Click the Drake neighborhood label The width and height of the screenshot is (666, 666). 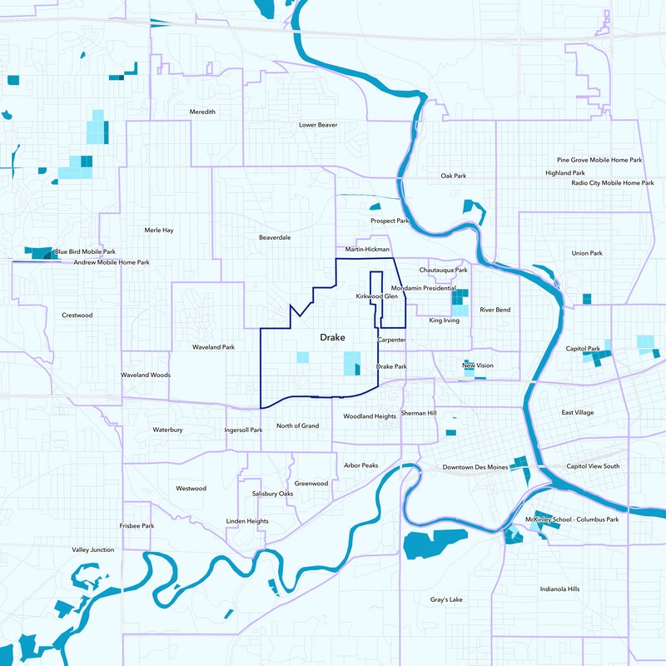coord(332,338)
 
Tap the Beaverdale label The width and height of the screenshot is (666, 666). coord(275,237)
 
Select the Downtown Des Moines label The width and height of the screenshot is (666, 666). coord(475,467)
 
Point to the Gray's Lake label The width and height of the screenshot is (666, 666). coord(446,599)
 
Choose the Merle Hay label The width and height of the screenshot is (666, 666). coord(159,230)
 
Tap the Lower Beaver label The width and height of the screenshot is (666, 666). coord(318,125)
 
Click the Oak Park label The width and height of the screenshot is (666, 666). coord(454,176)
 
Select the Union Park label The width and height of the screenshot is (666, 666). coord(587,253)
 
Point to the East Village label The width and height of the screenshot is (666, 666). coord(578,413)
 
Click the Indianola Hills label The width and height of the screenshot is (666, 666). coord(559,589)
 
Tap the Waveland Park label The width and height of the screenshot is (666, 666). coord(214,347)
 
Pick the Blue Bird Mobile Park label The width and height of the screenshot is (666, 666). coord(85,251)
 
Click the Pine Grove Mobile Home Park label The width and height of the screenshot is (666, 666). coord(599,160)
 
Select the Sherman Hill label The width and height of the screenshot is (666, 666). coord(419,413)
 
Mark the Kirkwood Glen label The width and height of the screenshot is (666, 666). coord(377,296)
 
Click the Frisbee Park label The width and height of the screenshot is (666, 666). coord(137,526)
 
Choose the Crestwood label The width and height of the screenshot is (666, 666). coord(77,316)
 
